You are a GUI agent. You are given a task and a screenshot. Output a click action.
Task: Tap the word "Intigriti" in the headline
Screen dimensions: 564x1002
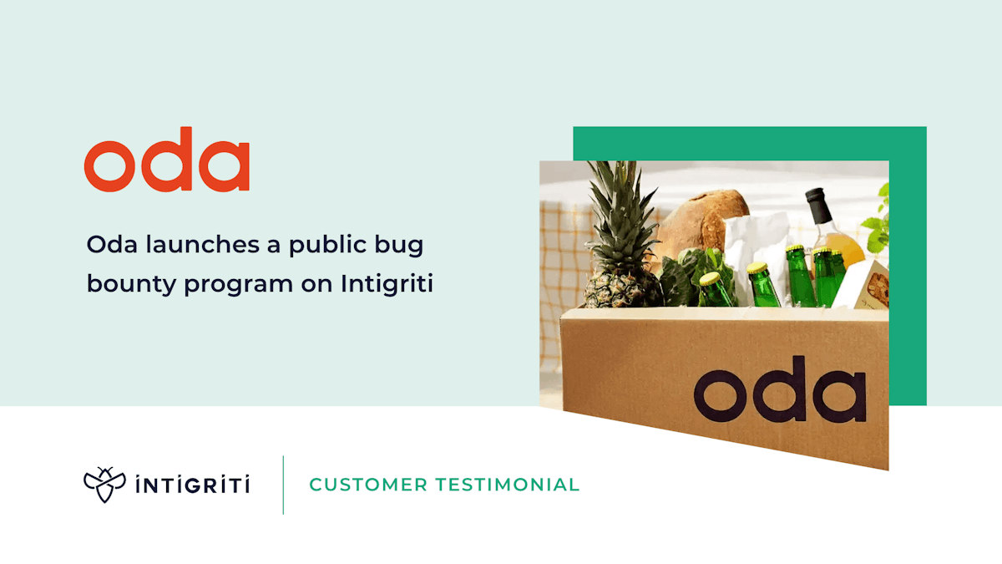coord(387,284)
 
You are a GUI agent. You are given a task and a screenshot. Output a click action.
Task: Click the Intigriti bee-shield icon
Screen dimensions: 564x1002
coord(104,485)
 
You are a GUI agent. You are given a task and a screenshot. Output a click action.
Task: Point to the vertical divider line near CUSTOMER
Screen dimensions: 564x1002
coord(283,485)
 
